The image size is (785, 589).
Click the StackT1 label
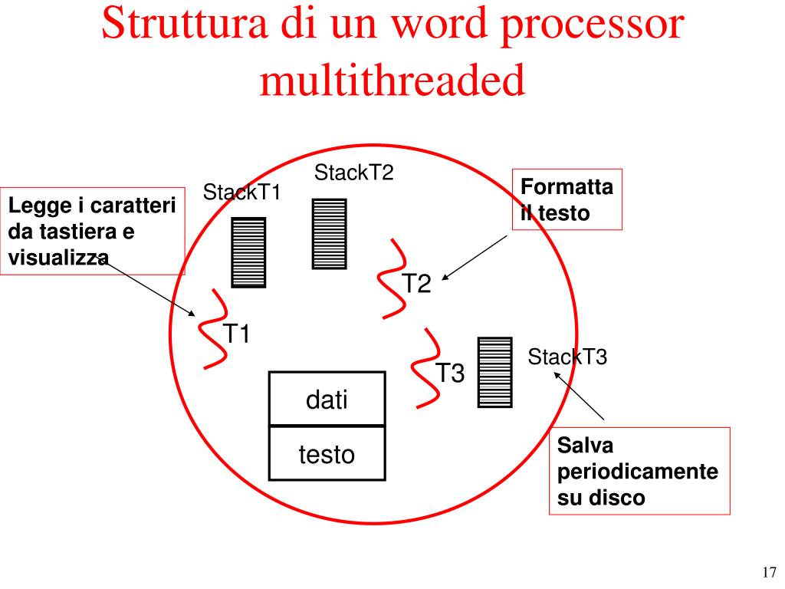[242, 192]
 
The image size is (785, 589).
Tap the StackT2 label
[353, 173]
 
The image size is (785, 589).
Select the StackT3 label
[567, 357]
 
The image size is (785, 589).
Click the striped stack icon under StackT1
[248, 252]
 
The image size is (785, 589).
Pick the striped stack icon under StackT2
[329, 234]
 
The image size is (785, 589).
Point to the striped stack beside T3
[494, 371]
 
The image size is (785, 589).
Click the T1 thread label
[237, 334]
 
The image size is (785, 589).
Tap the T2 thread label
[418, 285]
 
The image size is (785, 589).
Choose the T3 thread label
[450, 373]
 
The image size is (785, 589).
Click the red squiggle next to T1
[212, 330]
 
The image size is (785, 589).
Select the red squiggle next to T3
[425, 368]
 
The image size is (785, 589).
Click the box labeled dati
[327, 399]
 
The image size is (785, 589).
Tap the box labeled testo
[327, 455]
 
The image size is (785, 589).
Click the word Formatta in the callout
[567, 188]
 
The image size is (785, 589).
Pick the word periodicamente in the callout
[638, 471]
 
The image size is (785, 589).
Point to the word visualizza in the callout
[58, 258]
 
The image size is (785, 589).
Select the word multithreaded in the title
[392, 79]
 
